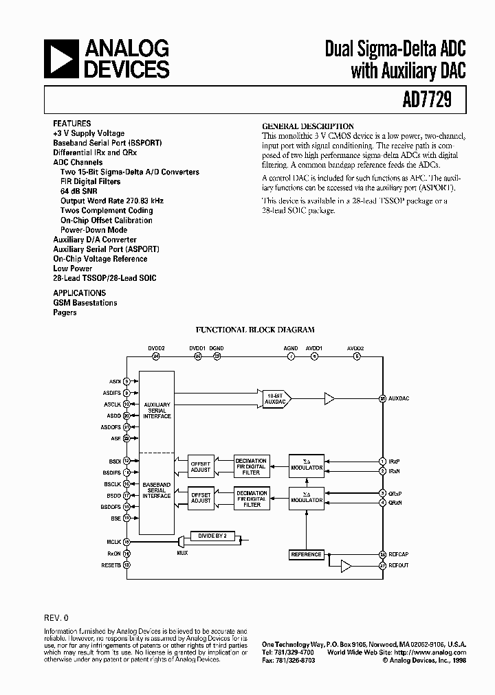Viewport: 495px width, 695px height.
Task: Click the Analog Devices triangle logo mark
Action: click(60, 58)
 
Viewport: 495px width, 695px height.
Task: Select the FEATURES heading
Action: click(71, 124)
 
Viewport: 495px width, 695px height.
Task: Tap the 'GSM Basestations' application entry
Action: click(85, 303)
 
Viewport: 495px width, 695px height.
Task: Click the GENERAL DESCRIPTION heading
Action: click(308, 126)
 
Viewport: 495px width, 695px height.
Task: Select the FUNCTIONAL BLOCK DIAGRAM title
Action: click(255, 330)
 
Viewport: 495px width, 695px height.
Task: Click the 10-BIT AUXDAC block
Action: click(275, 398)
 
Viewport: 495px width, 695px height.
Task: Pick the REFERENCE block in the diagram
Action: click(306, 554)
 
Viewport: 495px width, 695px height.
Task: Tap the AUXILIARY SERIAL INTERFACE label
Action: click(157, 410)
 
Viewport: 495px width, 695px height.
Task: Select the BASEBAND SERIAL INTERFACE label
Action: click(157, 490)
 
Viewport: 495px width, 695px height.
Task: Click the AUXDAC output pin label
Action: click(399, 398)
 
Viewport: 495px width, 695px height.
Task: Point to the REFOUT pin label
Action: click(398, 565)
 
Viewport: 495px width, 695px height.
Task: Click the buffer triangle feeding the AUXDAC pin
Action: click(330, 398)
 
